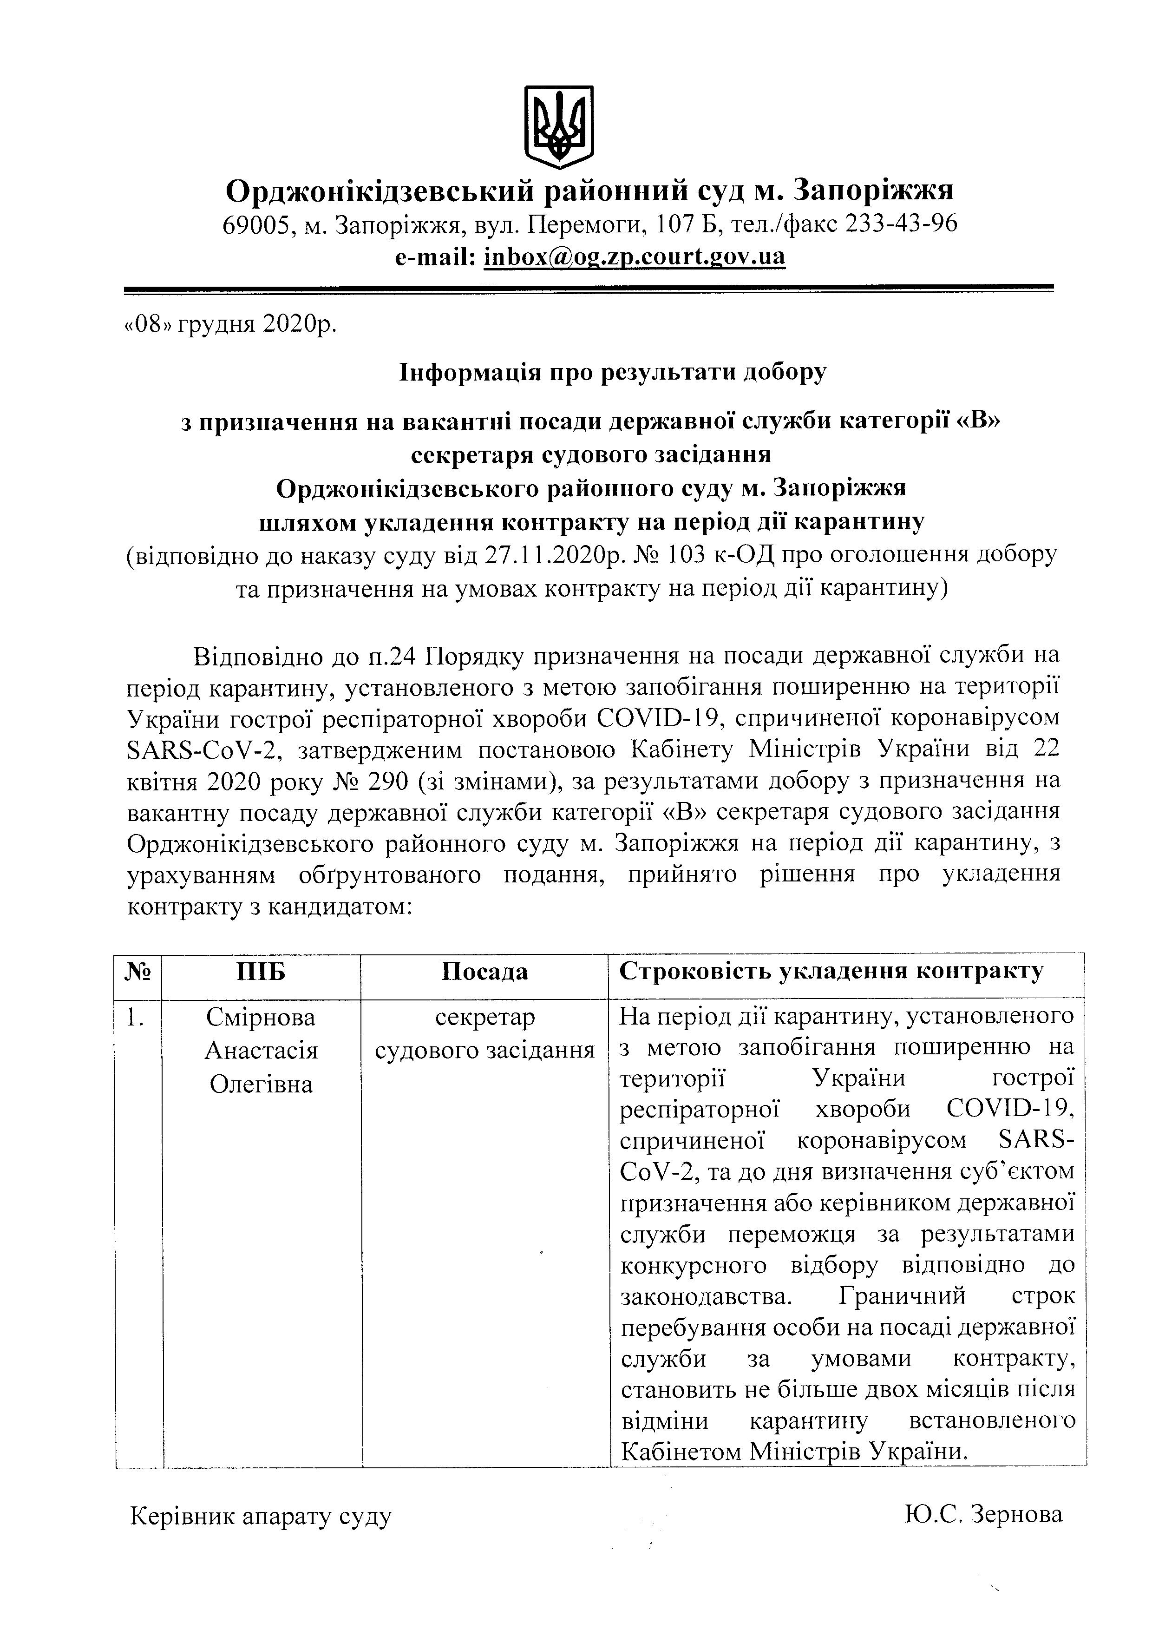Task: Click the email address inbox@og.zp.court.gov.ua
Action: pos(635,256)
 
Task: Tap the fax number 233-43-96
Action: pos(901,224)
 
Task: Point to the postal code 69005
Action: pos(255,224)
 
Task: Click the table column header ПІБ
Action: pos(261,971)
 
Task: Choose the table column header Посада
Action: pos(485,971)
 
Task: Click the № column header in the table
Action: pos(138,971)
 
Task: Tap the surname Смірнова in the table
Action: pos(261,1017)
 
